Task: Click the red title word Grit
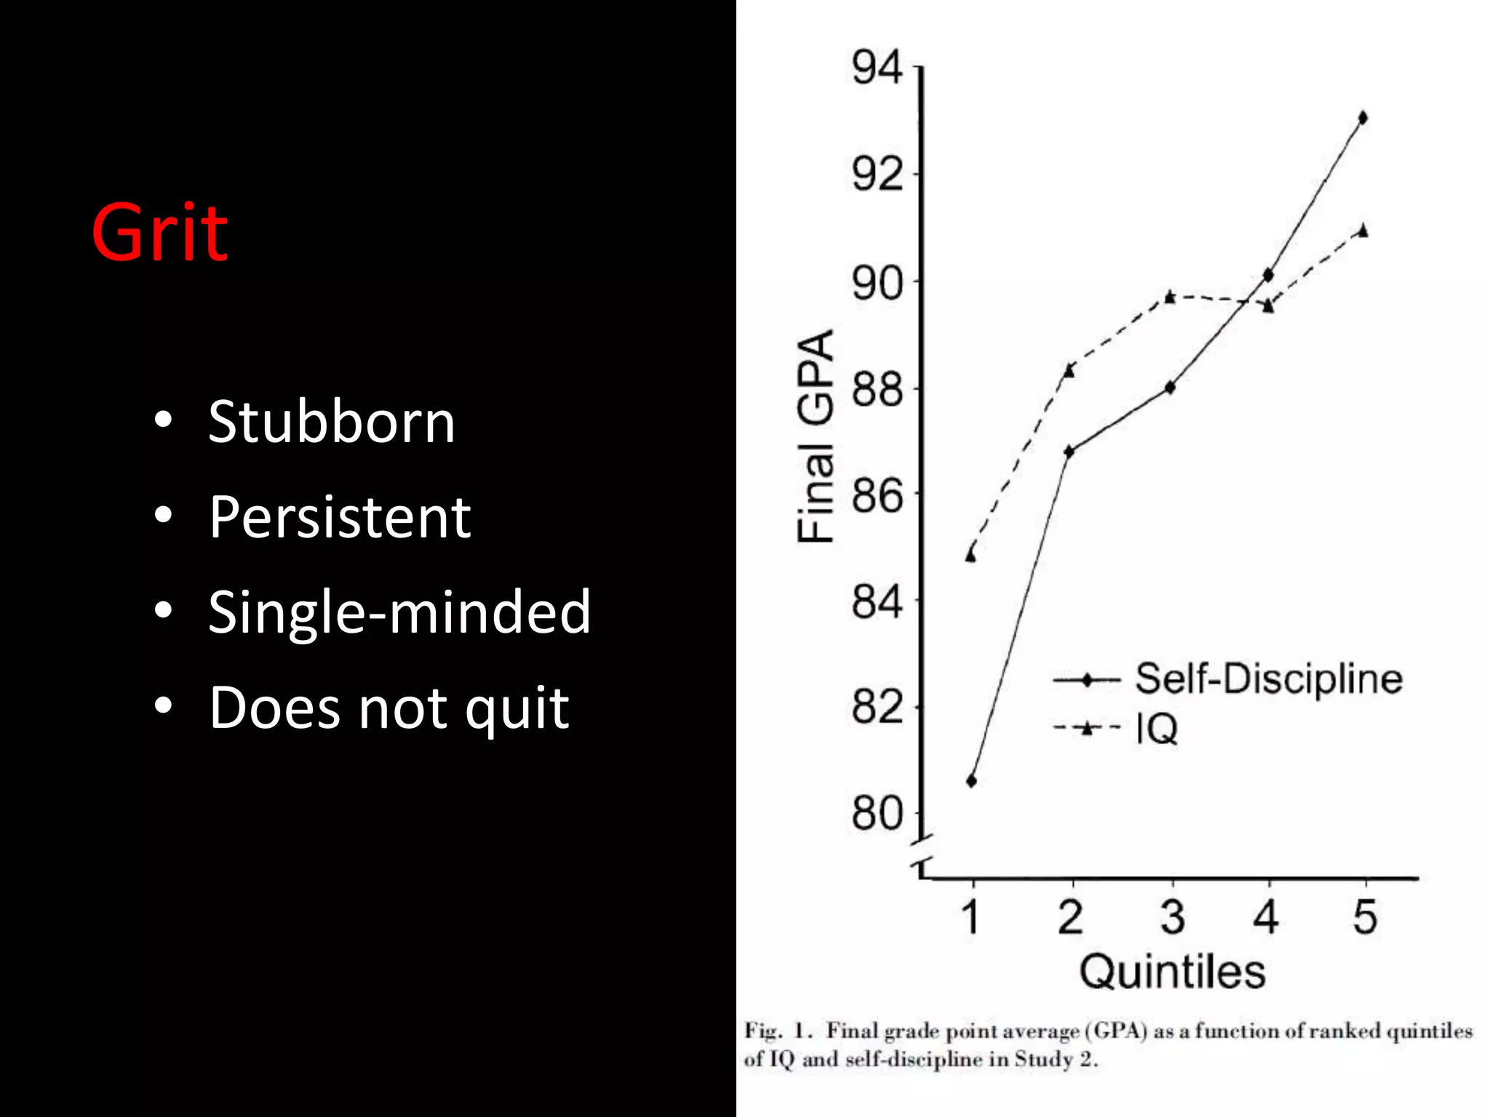(159, 233)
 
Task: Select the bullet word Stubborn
(331, 422)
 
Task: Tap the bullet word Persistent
(340, 517)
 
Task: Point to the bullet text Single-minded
(399, 612)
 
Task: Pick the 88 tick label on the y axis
(877, 389)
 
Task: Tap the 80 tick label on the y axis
(877, 813)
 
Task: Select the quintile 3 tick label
(1172, 917)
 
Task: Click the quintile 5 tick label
(1365, 917)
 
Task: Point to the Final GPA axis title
(815, 436)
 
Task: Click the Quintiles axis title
(1172, 972)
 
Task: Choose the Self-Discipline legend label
(1269, 679)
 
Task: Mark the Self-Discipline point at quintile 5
(1363, 118)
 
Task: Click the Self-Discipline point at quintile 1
(971, 782)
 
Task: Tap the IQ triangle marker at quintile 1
(971, 556)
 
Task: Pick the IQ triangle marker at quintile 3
(1170, 297)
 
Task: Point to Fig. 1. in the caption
(778, 1031)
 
